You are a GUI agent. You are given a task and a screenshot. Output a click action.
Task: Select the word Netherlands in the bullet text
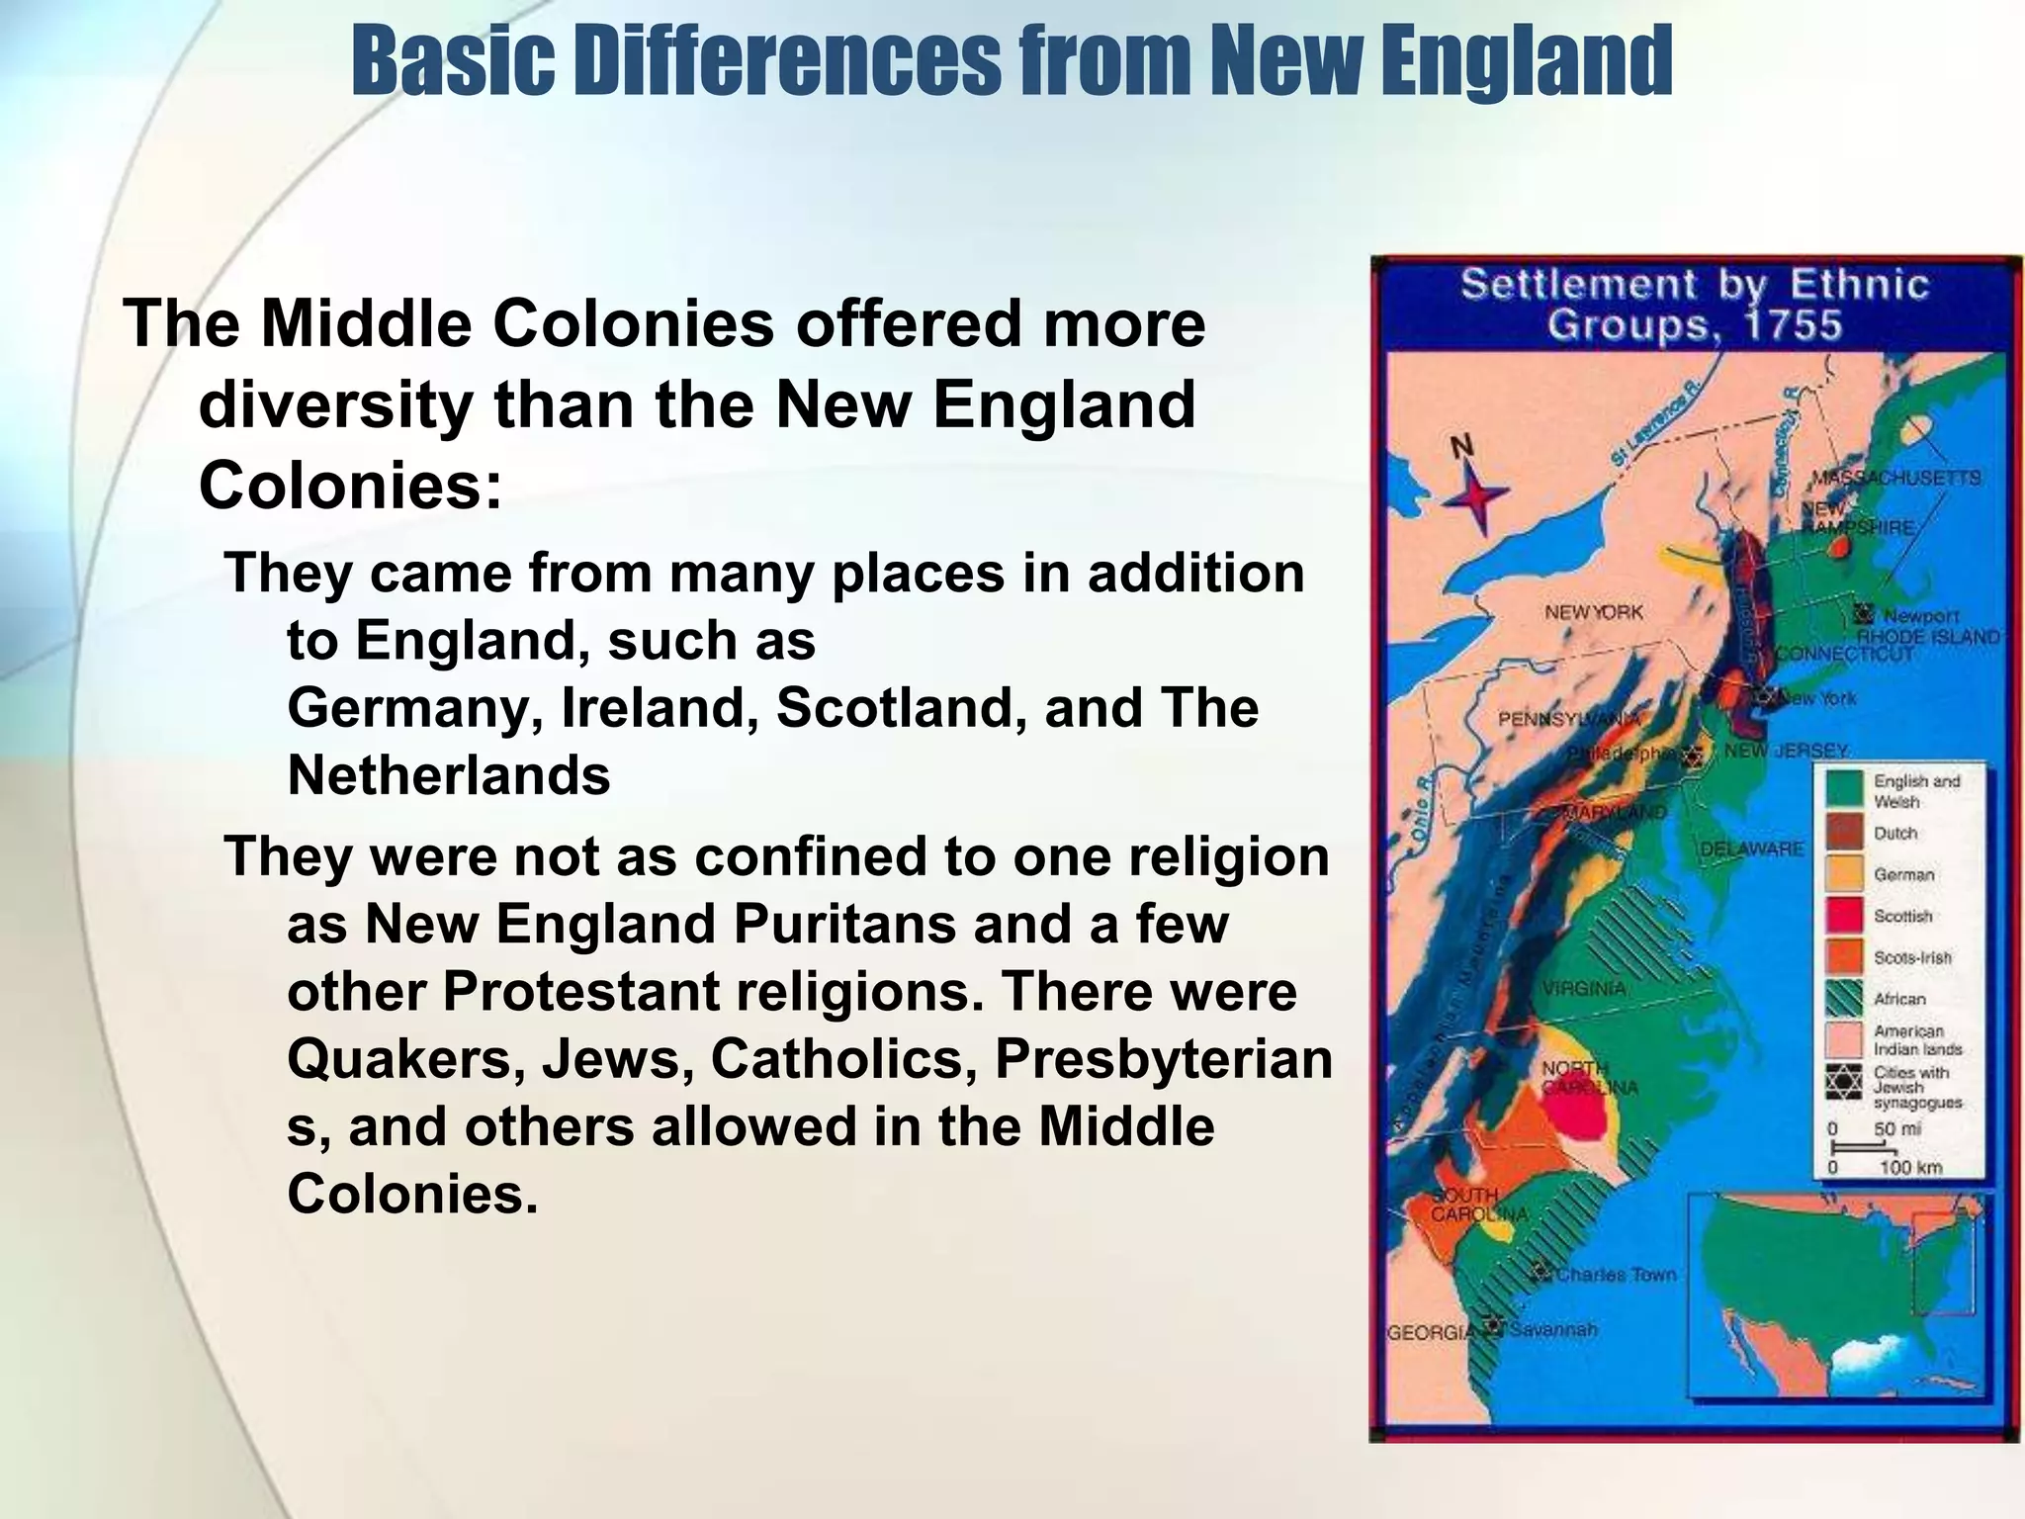pyautogui.click(x=449, y=775)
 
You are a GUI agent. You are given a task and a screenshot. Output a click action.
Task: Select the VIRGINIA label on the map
pyautogui.click(x=1583, y=988)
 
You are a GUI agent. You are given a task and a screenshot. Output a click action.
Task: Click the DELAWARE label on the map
pyautogui.click(x=1751, y=849)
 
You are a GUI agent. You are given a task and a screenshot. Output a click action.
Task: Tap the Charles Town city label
pyautogui.click(x=1617, y=1275)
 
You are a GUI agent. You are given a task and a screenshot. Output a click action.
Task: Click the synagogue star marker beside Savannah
pyautogui.click(x=1492, y=1326)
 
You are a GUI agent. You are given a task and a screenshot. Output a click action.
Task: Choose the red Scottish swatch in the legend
pyautogui.click(x=1845, y=916)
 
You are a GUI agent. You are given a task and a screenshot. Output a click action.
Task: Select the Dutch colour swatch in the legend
pyautogui.click(x=1845, y=833)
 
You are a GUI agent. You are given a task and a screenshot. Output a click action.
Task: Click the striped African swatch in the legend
pyautogui.click(x=1845, y=999)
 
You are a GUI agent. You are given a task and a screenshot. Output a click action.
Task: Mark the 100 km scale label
pyautogui.click(x=1910, y=1168)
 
